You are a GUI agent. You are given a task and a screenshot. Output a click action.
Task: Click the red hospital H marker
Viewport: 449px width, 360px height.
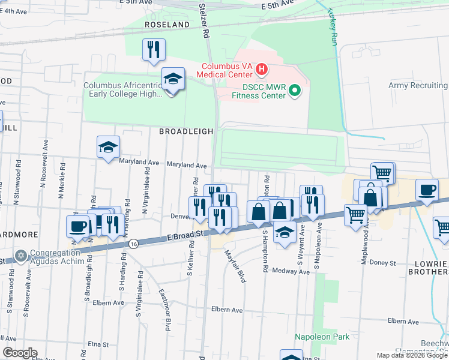261,70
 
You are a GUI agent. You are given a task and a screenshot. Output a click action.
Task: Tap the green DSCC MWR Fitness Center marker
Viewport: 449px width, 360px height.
294,91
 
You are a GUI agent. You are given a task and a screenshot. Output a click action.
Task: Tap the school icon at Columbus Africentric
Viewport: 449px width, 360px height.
173,80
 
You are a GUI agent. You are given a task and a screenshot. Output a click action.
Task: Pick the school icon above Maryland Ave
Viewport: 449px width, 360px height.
108,148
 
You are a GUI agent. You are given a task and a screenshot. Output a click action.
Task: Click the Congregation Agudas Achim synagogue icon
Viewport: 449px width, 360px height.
22,256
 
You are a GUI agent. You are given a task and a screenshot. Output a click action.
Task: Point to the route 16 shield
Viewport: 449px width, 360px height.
133,244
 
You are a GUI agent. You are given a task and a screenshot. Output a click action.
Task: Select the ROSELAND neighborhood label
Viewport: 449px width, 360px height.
167,25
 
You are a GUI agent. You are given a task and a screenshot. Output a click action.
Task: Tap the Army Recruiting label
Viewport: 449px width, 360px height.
418,86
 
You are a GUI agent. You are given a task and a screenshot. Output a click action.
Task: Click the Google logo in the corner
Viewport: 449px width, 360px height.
20,353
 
